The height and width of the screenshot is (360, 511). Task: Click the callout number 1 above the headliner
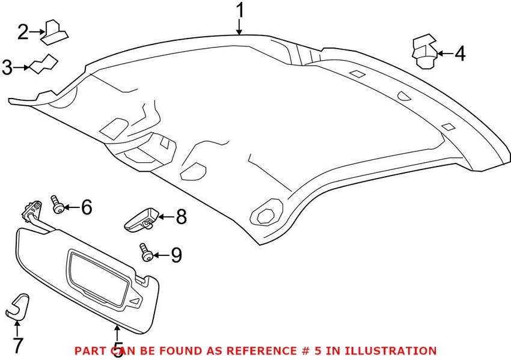coord(240,10)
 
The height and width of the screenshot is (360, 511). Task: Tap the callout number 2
coord(23,31)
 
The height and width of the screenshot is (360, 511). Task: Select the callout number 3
coord(7,67)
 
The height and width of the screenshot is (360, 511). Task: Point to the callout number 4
coord(460,54)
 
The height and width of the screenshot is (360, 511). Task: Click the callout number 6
coord(87,208)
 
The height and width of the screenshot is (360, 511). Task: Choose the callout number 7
coord(17,346)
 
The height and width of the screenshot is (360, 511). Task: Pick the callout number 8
coord(181,216)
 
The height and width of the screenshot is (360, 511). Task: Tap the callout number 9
coord(176,255)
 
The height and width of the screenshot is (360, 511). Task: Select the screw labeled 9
coord(146,253)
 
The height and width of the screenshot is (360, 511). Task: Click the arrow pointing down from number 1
coord(240,27)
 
